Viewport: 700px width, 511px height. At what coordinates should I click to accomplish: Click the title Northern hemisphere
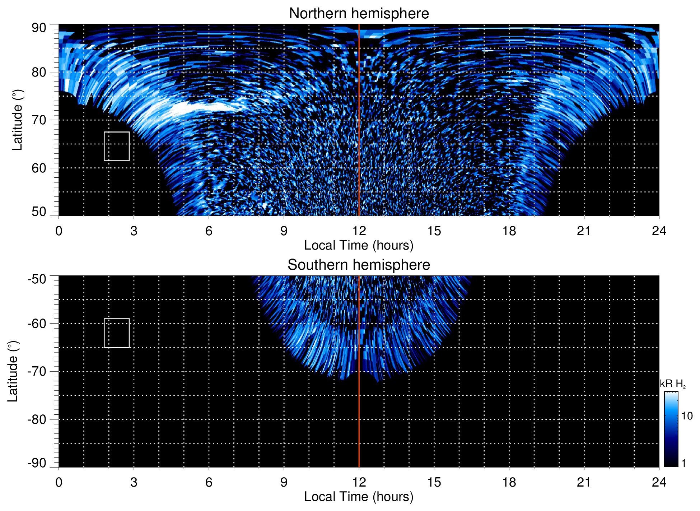coord(359,14)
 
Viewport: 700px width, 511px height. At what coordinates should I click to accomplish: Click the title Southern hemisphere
coord(359,265)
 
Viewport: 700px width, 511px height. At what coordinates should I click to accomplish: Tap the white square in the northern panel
coord(117,146)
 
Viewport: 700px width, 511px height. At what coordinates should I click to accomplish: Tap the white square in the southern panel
coord(117,333)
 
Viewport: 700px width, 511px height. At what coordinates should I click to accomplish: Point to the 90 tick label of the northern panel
coord(39,28)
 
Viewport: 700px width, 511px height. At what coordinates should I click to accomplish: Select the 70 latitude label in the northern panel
coord(39,120)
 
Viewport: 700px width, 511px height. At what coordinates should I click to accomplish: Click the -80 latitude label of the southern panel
coord(37,419)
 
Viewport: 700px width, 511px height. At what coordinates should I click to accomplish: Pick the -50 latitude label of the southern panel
coord(37,279)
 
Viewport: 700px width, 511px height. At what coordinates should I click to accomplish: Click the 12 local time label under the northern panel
coord(359,231)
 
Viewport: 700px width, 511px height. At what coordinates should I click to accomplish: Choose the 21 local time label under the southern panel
coord(584,482)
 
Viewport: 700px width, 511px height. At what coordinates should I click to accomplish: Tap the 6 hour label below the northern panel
coord(209,231)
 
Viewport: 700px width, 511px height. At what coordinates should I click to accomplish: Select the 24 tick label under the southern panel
coord(659,482)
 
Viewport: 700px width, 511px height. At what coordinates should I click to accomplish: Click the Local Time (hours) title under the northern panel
coord(359,245)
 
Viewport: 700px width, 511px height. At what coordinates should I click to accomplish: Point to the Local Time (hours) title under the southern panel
coord(359,497)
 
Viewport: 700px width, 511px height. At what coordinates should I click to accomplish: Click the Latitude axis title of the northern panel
coord(17,120)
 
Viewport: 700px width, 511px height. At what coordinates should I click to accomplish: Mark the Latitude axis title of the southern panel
coord(13,371)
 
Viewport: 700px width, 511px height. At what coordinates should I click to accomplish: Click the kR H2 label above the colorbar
coord(672,384)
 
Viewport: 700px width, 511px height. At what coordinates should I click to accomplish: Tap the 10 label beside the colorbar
coord(687,416)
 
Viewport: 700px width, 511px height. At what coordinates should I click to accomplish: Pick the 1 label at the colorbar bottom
coord(683,463)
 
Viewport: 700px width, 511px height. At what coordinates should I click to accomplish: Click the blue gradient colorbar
coord(671,429)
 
